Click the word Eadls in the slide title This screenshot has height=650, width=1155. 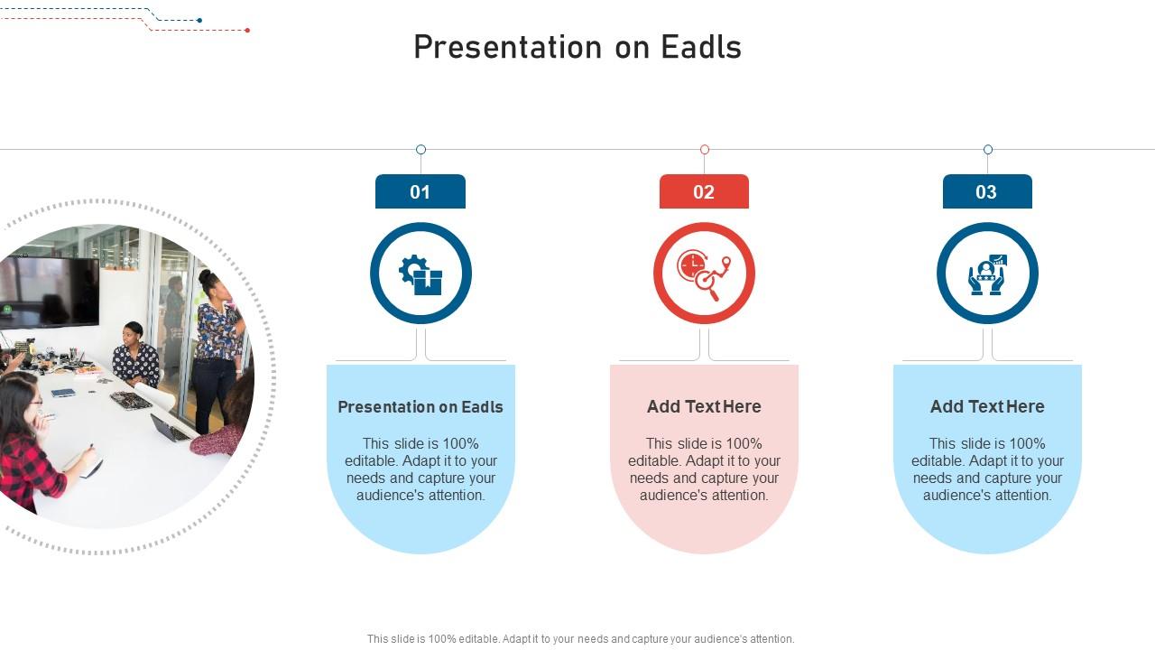pos(701,47)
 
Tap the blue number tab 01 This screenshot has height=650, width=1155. pos(420,191)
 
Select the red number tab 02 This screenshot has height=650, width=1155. pos(704,191)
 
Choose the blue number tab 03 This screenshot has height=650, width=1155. pos(986,191)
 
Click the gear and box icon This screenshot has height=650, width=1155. pos(420,274)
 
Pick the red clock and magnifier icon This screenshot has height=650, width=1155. pos(704,274)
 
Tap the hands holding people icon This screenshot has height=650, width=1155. pos(987,274)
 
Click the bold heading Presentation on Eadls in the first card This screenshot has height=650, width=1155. pos(420,407)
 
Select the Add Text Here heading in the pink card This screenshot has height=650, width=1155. pos(704,407)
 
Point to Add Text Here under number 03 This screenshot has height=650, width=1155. pos(987,407)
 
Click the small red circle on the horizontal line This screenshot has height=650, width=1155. pos(705,150)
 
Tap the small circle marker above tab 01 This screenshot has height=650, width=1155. pos(420,150)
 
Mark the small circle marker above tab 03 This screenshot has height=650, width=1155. pos(988,150)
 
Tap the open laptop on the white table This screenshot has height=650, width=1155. pos(169,428)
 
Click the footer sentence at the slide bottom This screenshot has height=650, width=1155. pos(580,638)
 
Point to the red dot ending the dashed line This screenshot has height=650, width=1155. pos(247,30)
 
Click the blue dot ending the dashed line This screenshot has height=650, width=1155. pos(199,20)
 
